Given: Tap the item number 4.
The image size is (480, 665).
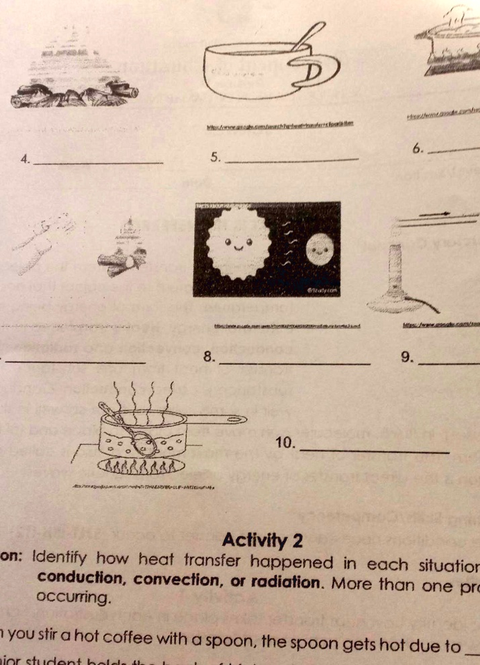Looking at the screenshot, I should (25, 160).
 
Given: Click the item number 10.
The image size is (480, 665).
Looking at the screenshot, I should (285, 444).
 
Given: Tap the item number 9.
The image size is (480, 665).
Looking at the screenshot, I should (407, 357).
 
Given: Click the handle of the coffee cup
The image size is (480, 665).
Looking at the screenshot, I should (316, 68).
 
